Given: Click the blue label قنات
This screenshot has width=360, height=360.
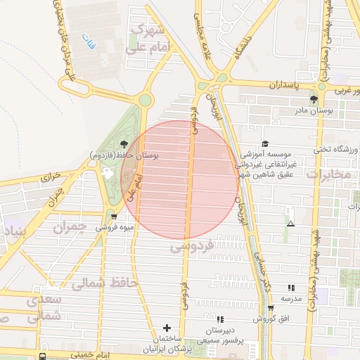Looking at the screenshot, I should click(x=86, y=40).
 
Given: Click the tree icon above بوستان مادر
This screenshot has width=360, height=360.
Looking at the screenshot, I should click(x=314, y=99).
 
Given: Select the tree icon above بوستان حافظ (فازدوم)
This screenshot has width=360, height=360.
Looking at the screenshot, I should click(x=124, y=144).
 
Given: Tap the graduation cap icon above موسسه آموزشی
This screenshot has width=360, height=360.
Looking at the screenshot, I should click(x=265, y=143).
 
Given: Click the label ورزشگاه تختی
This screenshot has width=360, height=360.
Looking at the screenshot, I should click(x=337, y=149).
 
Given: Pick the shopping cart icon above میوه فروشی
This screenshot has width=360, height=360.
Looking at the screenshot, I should click(x=113, y=217).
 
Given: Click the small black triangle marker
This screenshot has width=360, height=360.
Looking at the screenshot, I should click(x=291, y=224).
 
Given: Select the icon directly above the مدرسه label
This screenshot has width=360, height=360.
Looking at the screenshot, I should click(x=291, y=288).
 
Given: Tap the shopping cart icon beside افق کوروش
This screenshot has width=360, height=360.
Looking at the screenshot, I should click(x=271, y=308).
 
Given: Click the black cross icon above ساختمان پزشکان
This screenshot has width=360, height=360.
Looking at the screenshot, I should click(x=167, y=328).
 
